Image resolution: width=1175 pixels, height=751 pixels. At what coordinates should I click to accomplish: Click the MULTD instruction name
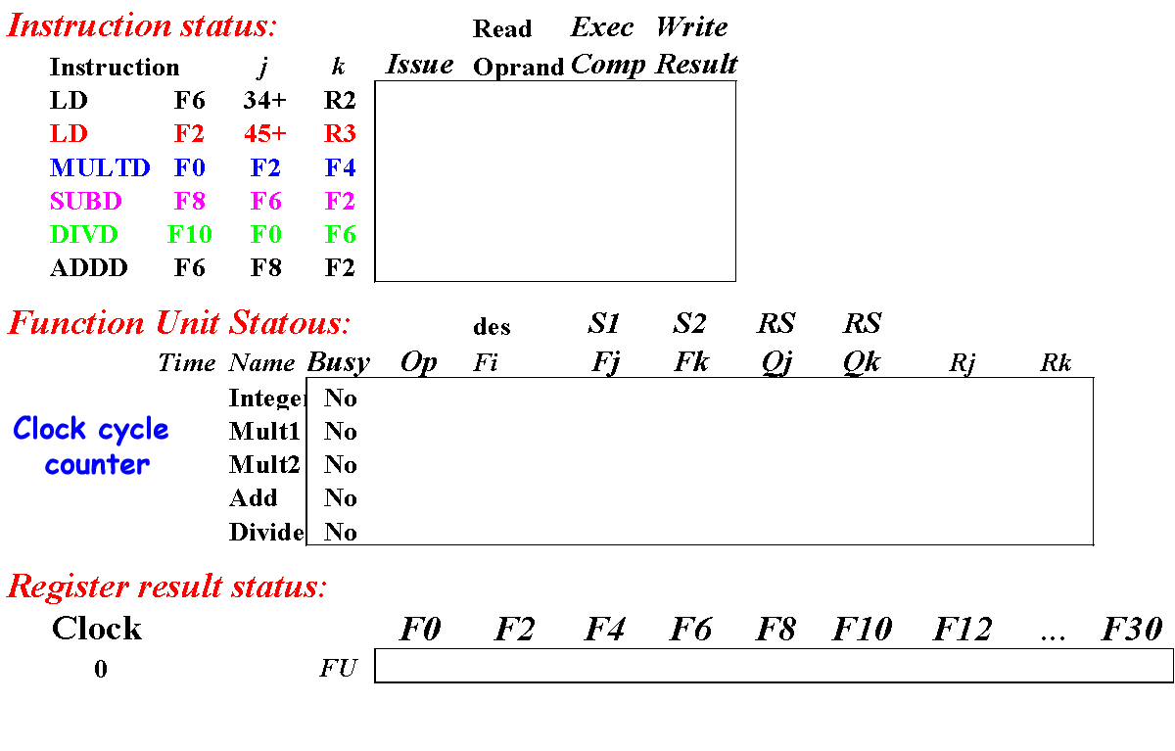tap(100, 168)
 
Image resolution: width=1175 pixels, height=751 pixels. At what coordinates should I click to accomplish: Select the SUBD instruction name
tap(86, 202)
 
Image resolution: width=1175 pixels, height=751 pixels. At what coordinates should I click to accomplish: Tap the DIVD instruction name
tap(84, 235)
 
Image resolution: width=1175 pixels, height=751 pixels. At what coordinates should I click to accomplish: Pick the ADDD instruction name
tap(88, 268)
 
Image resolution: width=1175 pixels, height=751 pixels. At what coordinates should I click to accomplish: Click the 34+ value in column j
tap(264, 101)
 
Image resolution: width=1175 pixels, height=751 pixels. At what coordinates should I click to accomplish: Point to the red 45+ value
tap(264, 134)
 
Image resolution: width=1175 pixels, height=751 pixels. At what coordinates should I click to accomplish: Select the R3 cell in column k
tap(340, 134)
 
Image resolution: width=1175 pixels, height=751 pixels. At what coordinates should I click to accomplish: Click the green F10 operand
tap(190, 235)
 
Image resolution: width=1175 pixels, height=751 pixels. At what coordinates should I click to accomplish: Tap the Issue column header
tap(420, 66)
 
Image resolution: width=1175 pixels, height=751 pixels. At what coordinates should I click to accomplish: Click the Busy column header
tap(339, 363)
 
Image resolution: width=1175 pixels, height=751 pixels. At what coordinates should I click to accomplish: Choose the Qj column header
tap(776, 363)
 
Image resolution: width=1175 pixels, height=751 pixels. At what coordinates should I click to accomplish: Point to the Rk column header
tap(1056, 364)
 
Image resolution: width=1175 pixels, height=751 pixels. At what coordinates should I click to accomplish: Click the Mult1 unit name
tap(264, 432)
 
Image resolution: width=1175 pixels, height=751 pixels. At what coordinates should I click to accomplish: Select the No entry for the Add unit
tap(341, 498)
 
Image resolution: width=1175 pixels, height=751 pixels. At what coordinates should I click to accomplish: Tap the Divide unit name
tap(265, 533)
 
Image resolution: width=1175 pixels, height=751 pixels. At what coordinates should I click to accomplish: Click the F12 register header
tap(963, 630)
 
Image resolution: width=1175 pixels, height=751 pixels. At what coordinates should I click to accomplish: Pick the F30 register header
tap(1132, 630)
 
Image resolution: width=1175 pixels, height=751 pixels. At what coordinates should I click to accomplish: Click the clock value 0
tap(100, 671)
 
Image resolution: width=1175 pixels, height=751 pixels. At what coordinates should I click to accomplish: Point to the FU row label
tap(339, 670)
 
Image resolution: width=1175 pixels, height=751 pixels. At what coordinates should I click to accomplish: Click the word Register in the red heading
tap(70, 587)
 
